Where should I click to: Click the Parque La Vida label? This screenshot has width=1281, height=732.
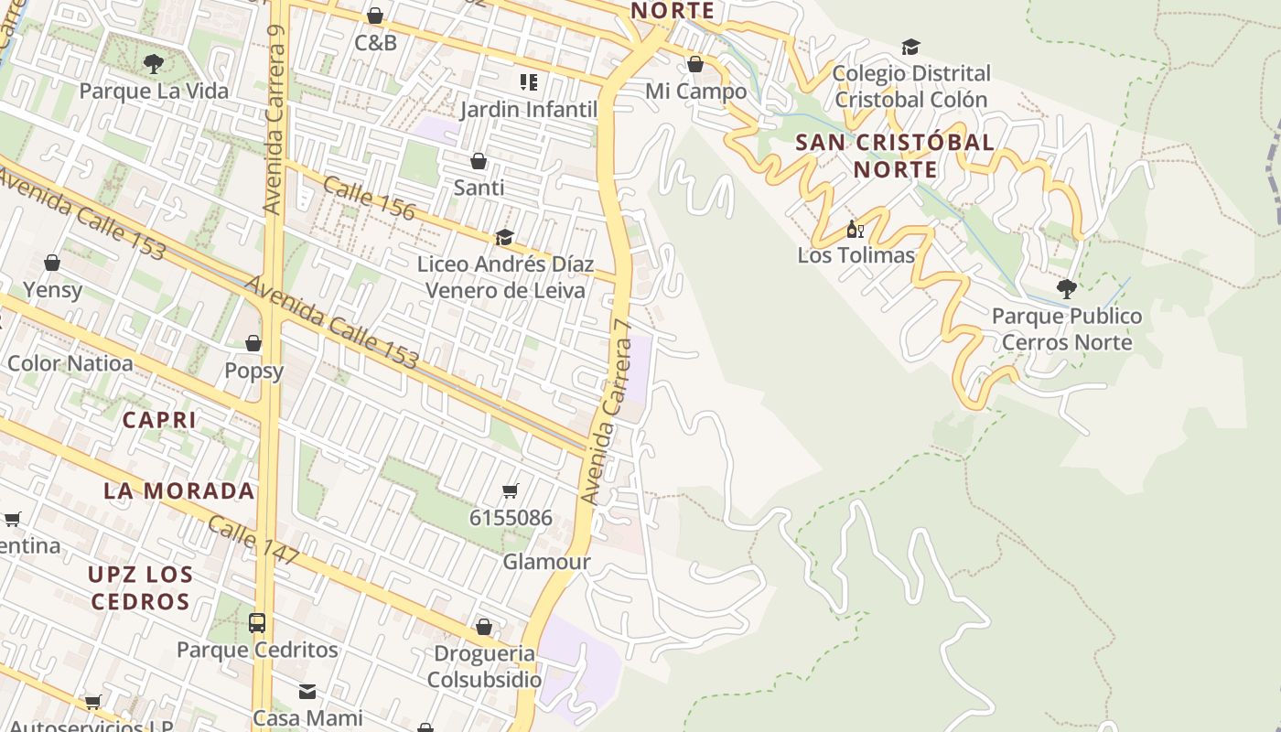[154, 91]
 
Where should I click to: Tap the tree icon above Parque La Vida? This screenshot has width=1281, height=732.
[154, 63]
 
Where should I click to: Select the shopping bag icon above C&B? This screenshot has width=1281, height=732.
[375, 16]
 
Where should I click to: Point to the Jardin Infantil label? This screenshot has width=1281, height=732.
[528, 110]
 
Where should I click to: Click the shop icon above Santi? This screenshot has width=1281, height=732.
[479, 162]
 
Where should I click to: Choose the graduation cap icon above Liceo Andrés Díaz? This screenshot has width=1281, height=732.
[504, 238]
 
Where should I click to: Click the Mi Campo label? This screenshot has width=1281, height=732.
[696, 91]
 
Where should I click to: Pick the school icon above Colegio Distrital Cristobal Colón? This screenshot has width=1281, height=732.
[910, 47]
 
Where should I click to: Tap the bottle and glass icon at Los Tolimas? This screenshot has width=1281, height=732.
[855, 229]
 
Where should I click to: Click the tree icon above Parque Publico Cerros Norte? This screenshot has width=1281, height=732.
[1066, 289]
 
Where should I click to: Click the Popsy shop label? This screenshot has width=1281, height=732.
[254, 371]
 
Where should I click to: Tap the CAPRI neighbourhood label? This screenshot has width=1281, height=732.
[159, 420]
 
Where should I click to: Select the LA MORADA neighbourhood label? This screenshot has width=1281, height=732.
[179, 490]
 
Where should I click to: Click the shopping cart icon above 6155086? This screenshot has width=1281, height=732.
[511, 491]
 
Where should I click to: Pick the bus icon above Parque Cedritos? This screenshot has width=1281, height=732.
[257, 623]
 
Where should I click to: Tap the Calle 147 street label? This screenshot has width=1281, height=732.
[253, 540]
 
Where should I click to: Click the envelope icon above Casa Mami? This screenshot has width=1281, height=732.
[307, 691]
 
